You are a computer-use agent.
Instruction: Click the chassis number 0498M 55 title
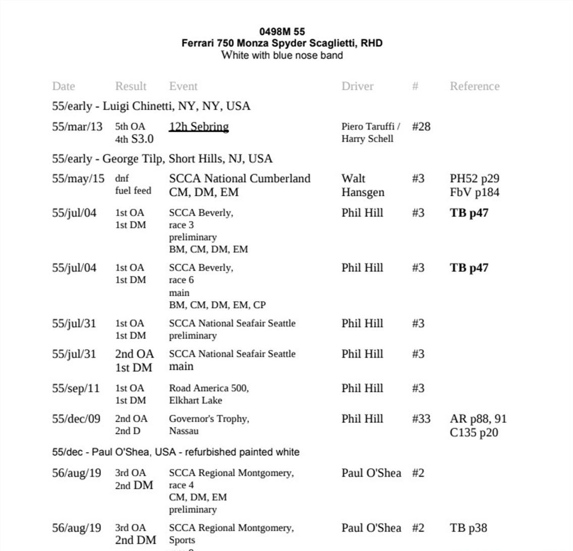pos(282,32)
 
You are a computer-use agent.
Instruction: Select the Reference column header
pos(474,86)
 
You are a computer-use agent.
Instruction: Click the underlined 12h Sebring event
pos(199,127)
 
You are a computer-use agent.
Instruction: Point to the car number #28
pos(421,127)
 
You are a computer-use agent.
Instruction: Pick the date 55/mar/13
pos(77,127)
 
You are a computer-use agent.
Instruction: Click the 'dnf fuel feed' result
pos(133,185)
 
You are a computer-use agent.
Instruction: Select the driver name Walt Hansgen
pos(362,185)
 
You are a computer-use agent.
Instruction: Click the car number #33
pos(421,419)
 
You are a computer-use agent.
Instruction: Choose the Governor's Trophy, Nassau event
pos(209,425)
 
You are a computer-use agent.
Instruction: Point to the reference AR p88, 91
pos(478,419)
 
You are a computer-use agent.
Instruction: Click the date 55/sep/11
pos(76,389)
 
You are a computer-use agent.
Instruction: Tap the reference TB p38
pos(468,528)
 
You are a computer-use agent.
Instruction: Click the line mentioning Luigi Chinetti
pos(151,106)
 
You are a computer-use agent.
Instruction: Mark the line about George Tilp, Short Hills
pos(162,159)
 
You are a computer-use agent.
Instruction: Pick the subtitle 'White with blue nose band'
pos(282,55)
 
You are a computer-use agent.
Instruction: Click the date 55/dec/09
pos(76,419)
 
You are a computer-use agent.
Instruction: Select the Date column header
pos(63,86)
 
